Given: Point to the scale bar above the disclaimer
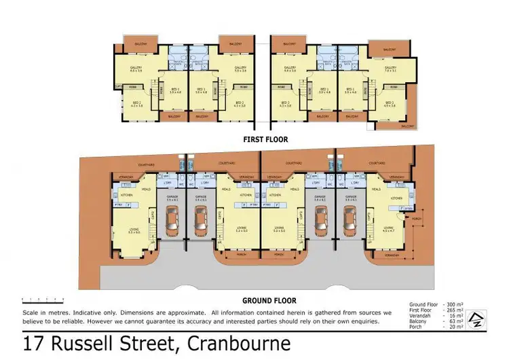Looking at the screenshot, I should tap(41, 298).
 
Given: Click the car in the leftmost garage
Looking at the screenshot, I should tap(171, 220).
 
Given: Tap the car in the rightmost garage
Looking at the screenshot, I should tap(350, 220).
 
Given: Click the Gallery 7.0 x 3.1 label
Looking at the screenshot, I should tap(390, 69).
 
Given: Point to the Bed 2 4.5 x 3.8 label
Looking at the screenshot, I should tap(390, 103).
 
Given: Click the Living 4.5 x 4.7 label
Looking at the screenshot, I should tap(389, 230).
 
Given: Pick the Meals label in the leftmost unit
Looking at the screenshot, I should tap(145, 190).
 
